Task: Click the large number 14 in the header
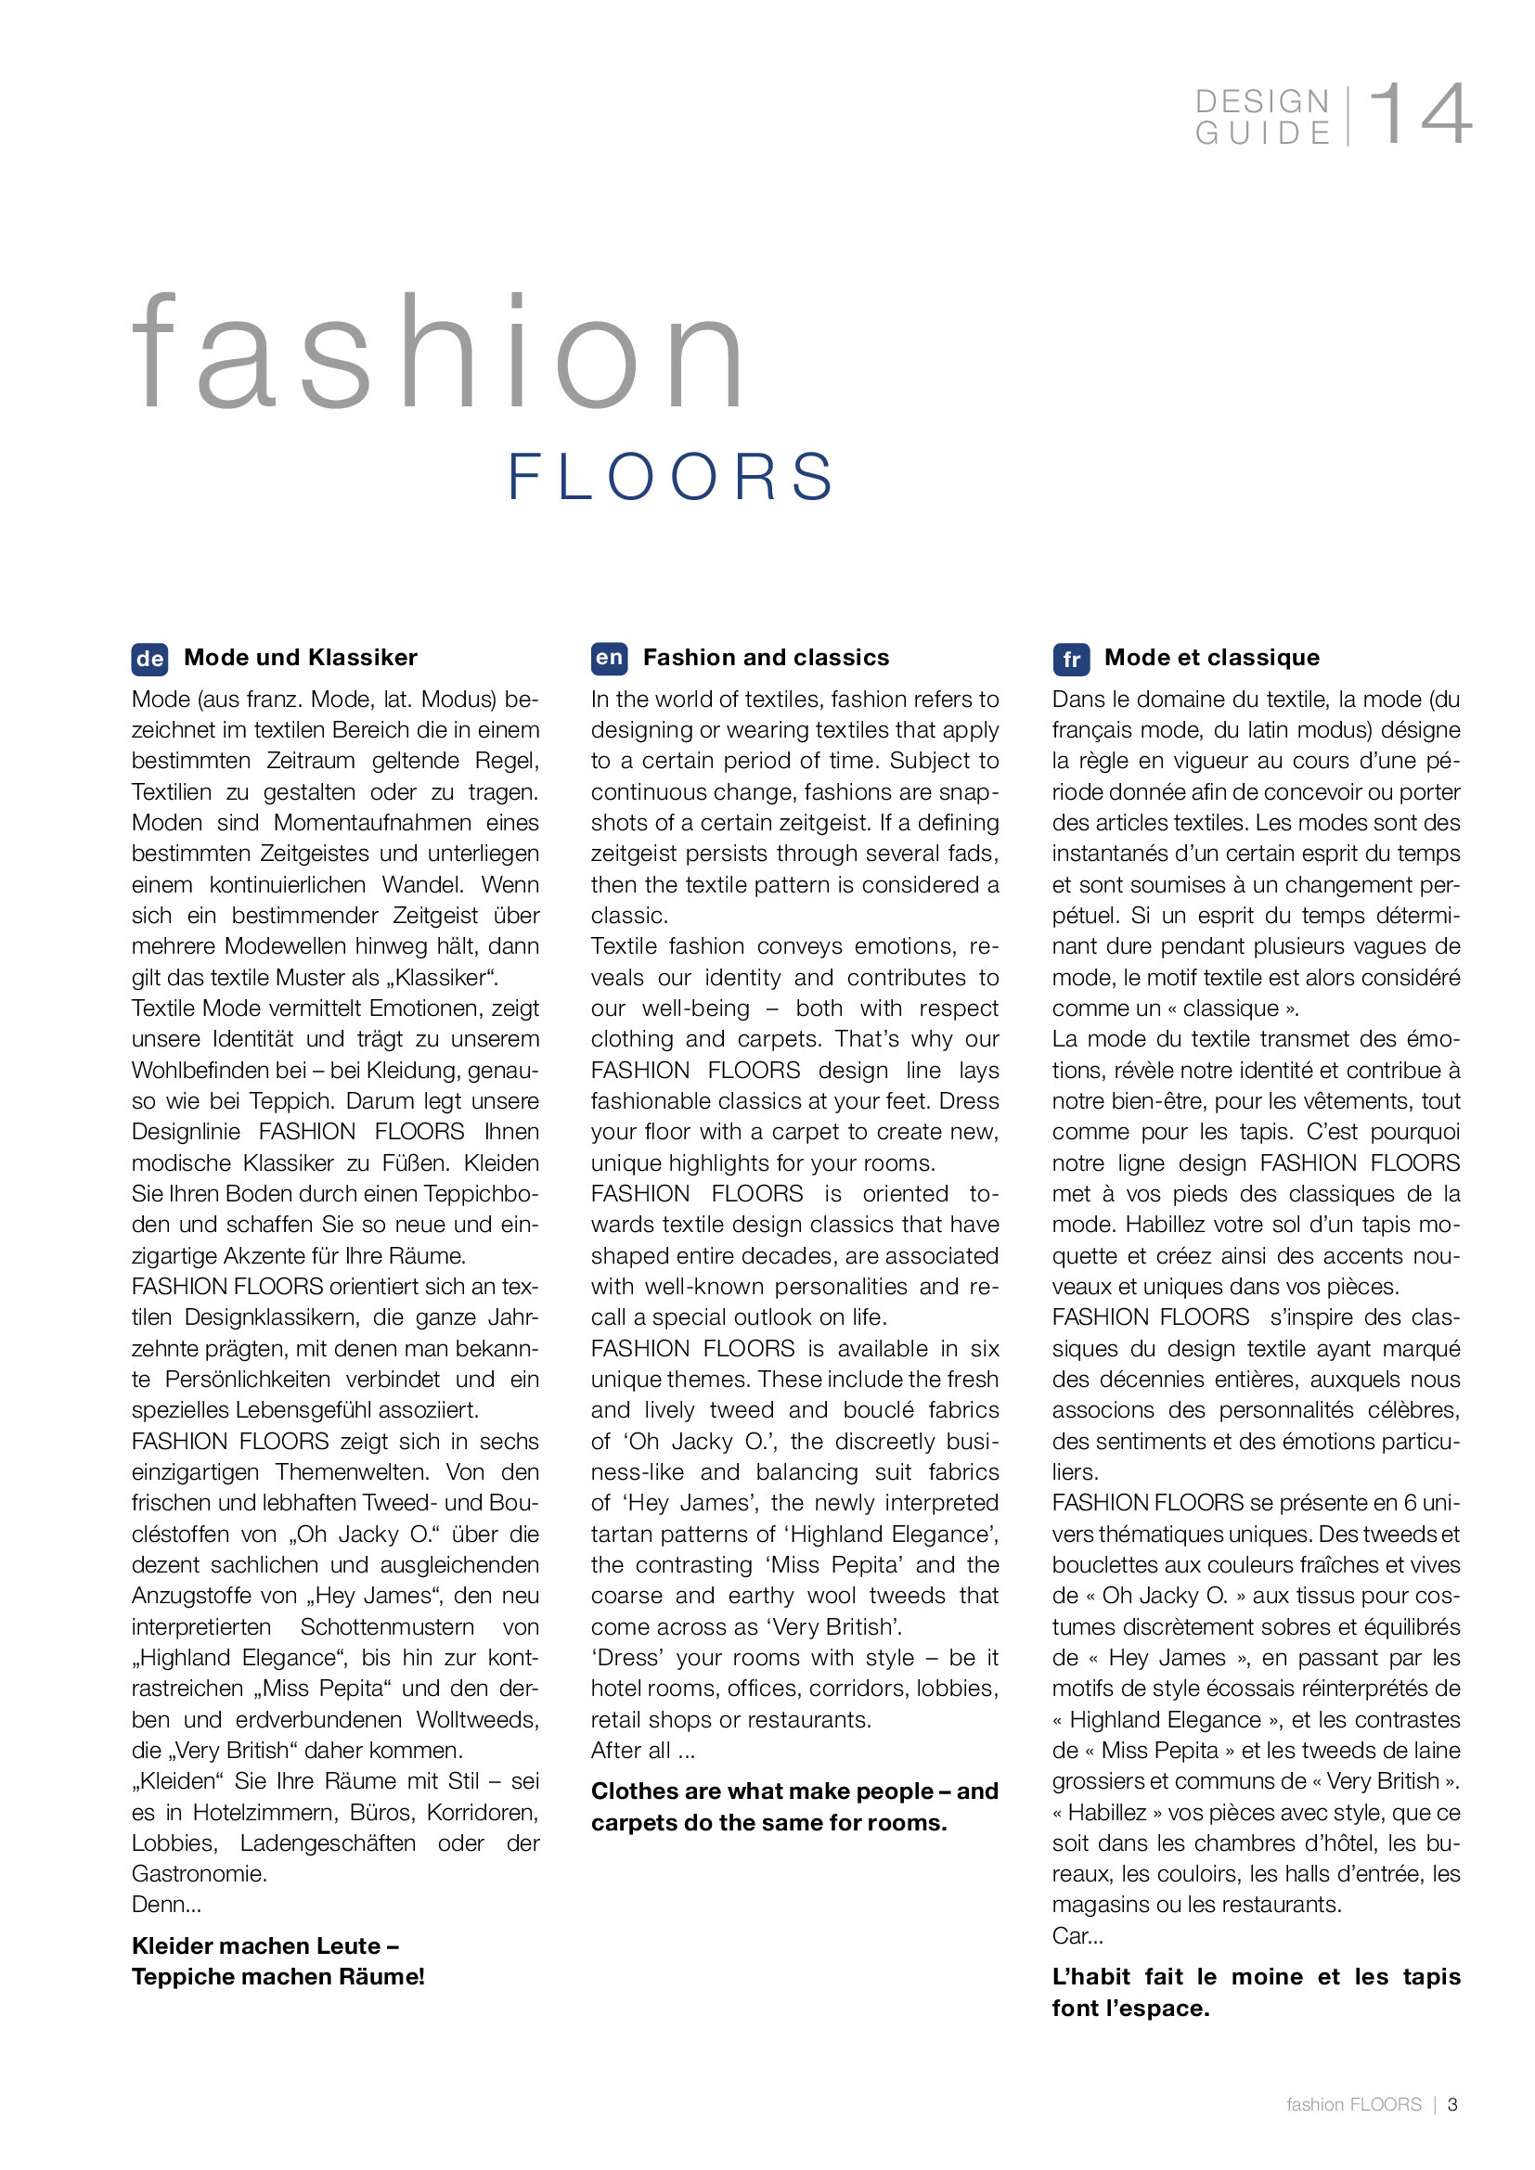[1420, 114]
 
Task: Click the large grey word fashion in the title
[440, 353]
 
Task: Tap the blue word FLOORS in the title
[671, 476]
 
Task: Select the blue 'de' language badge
[149, 659]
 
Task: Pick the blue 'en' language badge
[609, 658]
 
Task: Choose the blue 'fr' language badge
[1071, 659]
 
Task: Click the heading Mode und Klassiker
[301, 658]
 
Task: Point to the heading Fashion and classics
[766, 658]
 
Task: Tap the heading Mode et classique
[1212, 658]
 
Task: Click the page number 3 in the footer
[1452, 2105]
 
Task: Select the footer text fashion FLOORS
[1353, 2105]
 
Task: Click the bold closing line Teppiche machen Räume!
[277, 1977]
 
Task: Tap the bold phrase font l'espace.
[1130, 2009]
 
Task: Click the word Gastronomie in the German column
[200, 1874]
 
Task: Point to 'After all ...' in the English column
[643, 1751]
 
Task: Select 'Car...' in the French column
[1077, 1935]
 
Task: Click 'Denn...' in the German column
[166, 1905]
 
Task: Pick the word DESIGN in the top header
[1262, 101]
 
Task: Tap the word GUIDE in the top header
[1262, 134]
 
